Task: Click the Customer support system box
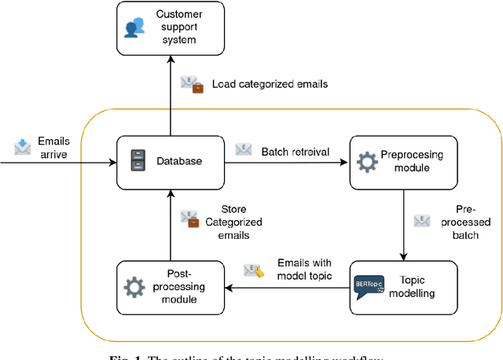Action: coord(171,28)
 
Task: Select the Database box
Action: coord(171,162)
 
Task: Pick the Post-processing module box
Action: coord(171,288)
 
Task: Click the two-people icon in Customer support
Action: coord(137,28)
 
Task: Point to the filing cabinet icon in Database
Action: coord(137,162)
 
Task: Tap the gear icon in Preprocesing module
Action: coord(367,163)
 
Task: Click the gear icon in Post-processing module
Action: coord(135,288)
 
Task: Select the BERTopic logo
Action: coord(369,286)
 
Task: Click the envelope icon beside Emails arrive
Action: coord(22,147)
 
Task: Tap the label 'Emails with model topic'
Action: coord(304,269)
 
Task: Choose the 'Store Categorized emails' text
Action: coord(233,222)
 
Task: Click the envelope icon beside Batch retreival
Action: coord(244,149)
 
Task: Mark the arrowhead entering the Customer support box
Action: coord(171,58)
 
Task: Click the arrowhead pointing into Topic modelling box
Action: coord(403,257)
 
